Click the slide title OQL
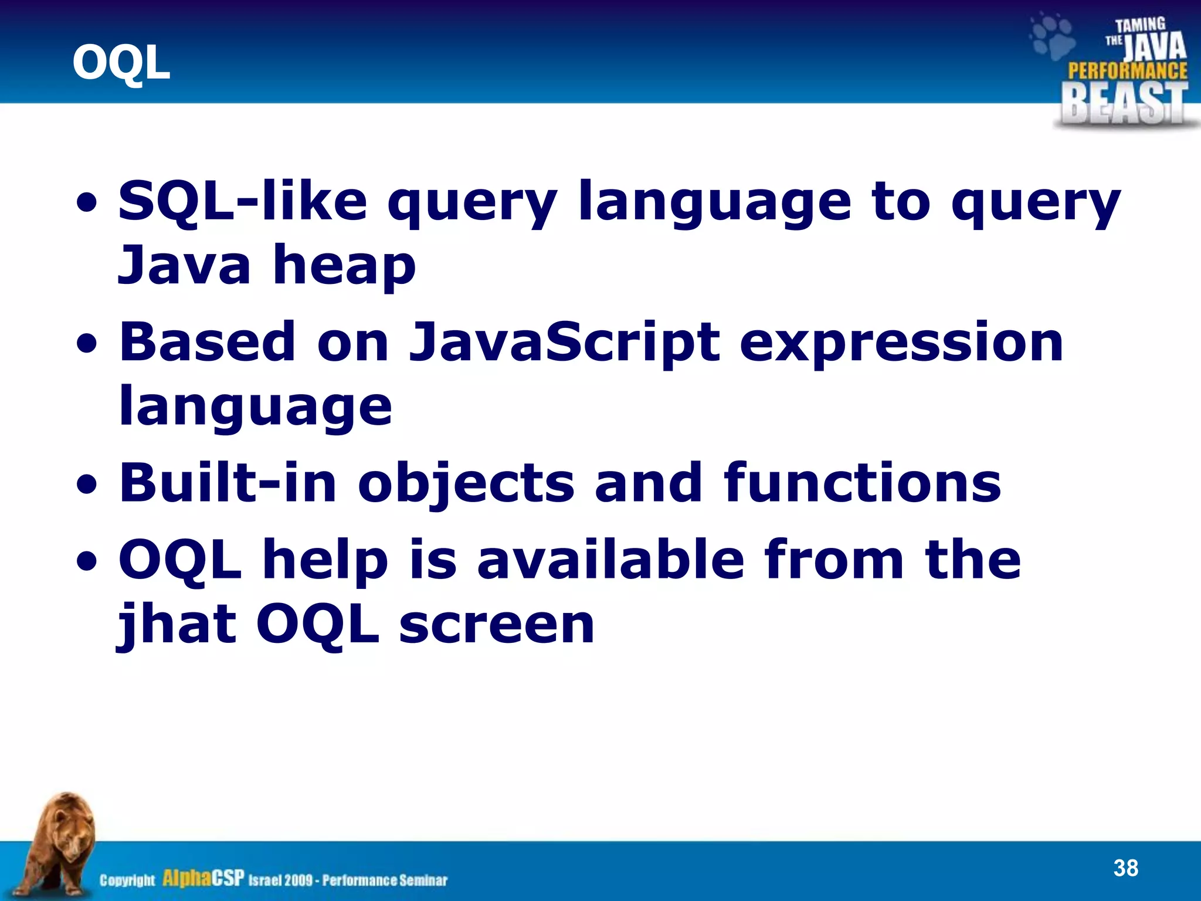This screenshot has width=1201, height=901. [121, 63]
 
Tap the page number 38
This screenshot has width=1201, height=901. [1125, 868]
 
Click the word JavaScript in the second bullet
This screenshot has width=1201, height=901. [564, 342]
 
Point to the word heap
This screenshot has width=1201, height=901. [344, 267]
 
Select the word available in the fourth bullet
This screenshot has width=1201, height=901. [610, 560]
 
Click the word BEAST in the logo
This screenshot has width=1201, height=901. [1124, 103]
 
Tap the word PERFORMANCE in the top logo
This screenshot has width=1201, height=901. [1127, 71]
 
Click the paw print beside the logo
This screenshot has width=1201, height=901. [1053, 37]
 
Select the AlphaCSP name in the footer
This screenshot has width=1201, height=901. [202, 879]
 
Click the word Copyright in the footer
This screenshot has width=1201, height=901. [127, 880]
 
